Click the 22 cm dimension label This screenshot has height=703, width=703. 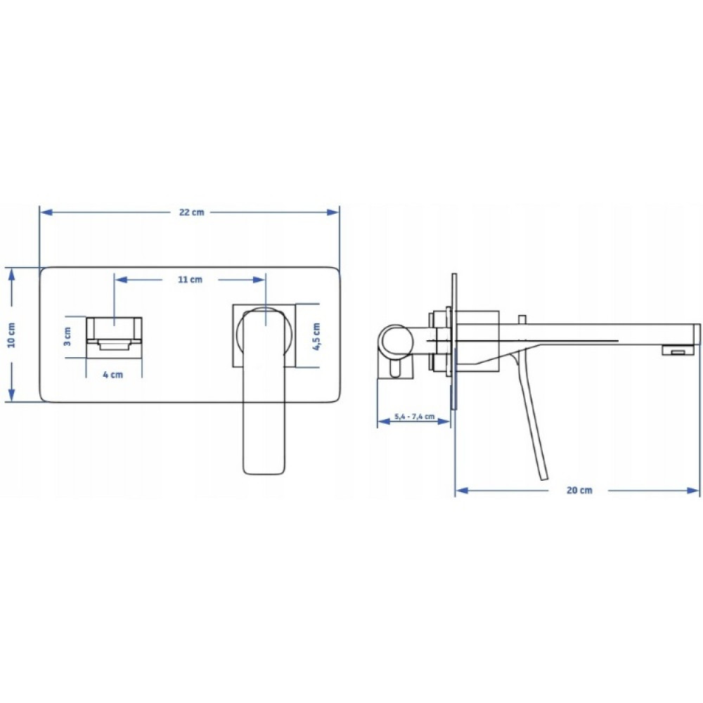tap(191, 212)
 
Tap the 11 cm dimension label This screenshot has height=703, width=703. tap(190, 279)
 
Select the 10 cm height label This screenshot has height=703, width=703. tap(12, 335)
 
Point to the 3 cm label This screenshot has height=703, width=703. tap(67, 336)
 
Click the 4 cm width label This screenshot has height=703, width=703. tap(112, 375)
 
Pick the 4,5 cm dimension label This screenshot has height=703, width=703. tap(316, 336)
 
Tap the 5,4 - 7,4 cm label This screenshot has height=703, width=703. tap(414, 416)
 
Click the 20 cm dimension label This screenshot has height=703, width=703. tap(579, 490)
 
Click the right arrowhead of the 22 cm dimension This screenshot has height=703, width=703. tap(333, 212)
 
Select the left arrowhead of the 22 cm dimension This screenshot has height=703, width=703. tap(46, 212)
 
